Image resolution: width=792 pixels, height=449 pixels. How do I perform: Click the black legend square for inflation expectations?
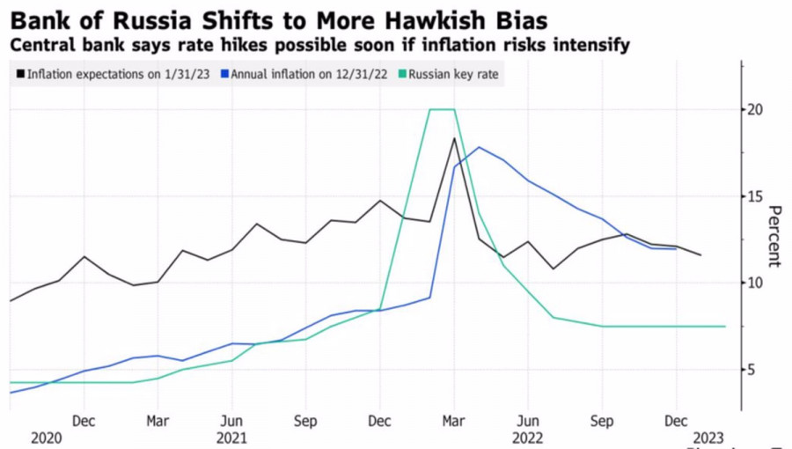20,75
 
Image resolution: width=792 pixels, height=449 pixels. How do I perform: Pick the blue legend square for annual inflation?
224,75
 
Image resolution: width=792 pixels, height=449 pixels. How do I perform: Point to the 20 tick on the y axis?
755,109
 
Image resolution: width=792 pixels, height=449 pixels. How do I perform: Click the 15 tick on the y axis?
755,196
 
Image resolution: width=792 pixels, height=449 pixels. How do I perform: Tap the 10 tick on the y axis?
755,283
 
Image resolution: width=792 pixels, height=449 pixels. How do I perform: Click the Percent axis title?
774,236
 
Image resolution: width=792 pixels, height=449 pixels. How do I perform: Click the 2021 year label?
231,438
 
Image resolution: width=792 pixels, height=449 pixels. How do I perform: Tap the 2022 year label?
527,438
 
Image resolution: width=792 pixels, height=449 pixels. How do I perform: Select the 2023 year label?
708,438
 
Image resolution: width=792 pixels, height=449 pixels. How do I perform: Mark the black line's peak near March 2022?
454,138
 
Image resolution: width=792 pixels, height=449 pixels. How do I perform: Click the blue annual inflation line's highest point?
479,147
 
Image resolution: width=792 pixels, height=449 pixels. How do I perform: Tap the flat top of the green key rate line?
442,109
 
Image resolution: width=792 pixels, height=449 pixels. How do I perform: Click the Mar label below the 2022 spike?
454,421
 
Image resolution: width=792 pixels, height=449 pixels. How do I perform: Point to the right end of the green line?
725,326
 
